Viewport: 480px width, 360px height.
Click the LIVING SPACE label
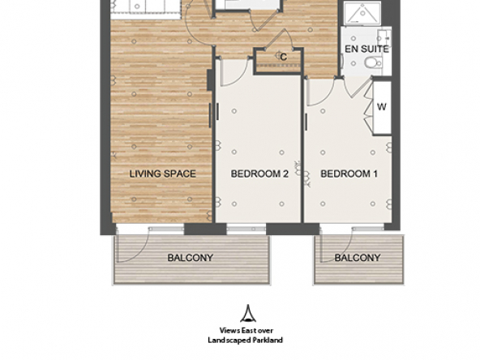click(162, 174)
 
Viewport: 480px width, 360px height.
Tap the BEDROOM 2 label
click(259, 174)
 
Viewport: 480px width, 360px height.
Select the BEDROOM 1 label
click(349, 174)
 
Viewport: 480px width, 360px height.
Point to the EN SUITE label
click(366, 49)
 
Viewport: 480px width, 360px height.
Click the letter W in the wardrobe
click(382, 107)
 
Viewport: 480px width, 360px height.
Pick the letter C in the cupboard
click(284, 57)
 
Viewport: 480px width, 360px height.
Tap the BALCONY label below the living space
click(190, 258)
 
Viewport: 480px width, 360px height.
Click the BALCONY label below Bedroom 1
click(358, 258)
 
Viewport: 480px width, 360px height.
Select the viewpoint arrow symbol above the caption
click(248, 313)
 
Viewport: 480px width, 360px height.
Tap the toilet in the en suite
click(373, 62)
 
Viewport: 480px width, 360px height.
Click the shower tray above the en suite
click(362, 13)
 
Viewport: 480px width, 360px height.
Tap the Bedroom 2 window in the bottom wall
click(246, 229)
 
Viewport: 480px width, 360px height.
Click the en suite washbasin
click(384, 37)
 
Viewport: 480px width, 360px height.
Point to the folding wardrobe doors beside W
click(369, 106)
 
